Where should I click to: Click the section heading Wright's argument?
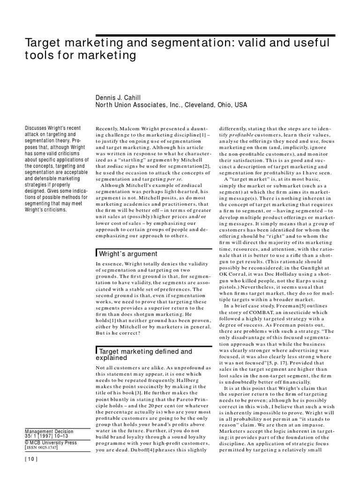(127, 254)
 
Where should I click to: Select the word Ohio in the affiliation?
(223, 105)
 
